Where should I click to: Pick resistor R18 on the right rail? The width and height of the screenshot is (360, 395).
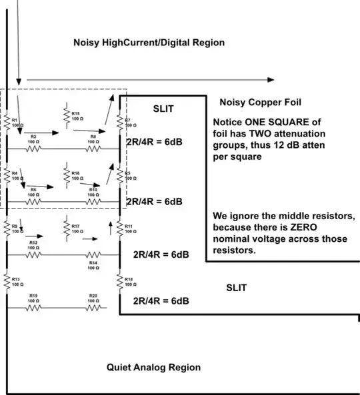[x=121, y=280]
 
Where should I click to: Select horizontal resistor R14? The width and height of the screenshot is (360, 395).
[x=93, y=254]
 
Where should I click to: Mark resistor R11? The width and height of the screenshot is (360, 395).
[x=121, y=228]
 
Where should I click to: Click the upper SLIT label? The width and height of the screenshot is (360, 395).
[x=164, y=108]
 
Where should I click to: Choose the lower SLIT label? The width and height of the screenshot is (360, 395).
[x=236, y=288]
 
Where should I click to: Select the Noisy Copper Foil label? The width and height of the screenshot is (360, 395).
[x=260, y=102]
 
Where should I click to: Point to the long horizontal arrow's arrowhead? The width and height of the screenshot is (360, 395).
[x=270, y=79]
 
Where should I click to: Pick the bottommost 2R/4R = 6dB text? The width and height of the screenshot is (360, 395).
[x=160, y=300]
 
